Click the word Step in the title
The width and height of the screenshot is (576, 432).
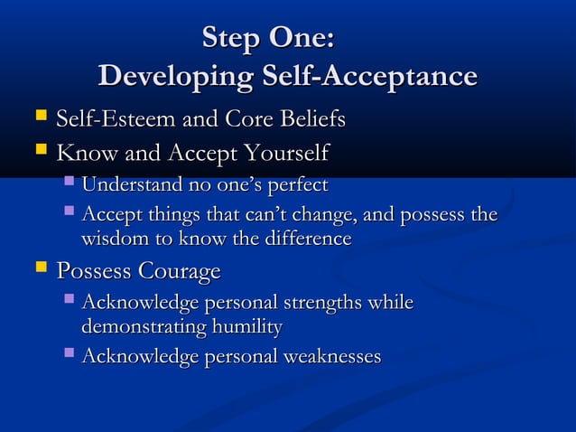point(232,39)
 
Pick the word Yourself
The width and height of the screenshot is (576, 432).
point(283,152)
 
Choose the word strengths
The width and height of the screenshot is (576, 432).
point(333,304)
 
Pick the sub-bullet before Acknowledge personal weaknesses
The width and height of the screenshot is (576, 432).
point(70,355)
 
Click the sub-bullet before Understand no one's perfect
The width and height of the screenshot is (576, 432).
point(70,183)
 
